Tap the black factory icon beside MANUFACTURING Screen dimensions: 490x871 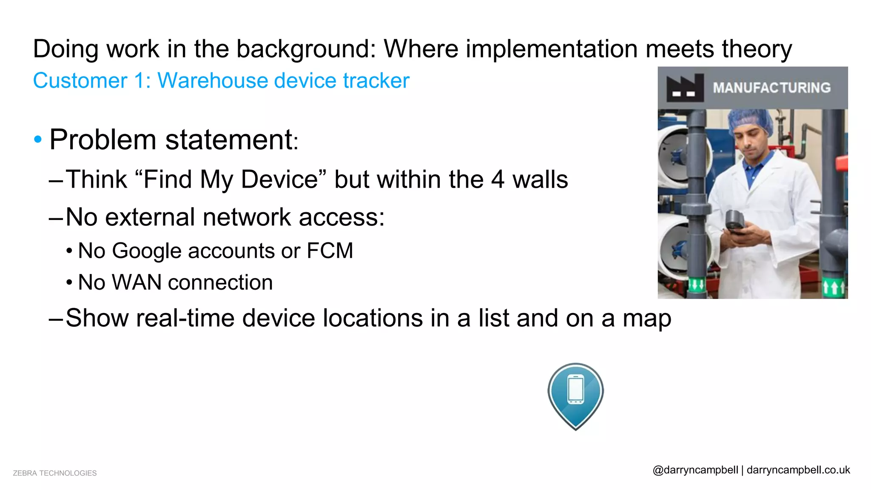pos(685,88)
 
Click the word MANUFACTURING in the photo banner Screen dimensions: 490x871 pos(771,88)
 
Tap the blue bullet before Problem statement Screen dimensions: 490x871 pos(38,139)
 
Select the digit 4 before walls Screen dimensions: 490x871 pos(498,179)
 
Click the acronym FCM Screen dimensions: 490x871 pos(330,251)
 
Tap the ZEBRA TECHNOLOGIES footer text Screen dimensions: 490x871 pos(55,473)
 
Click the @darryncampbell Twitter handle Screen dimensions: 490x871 pos(695,470)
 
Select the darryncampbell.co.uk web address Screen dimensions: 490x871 pos(798,470)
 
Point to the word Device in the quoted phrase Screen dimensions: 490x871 pos(280,179)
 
